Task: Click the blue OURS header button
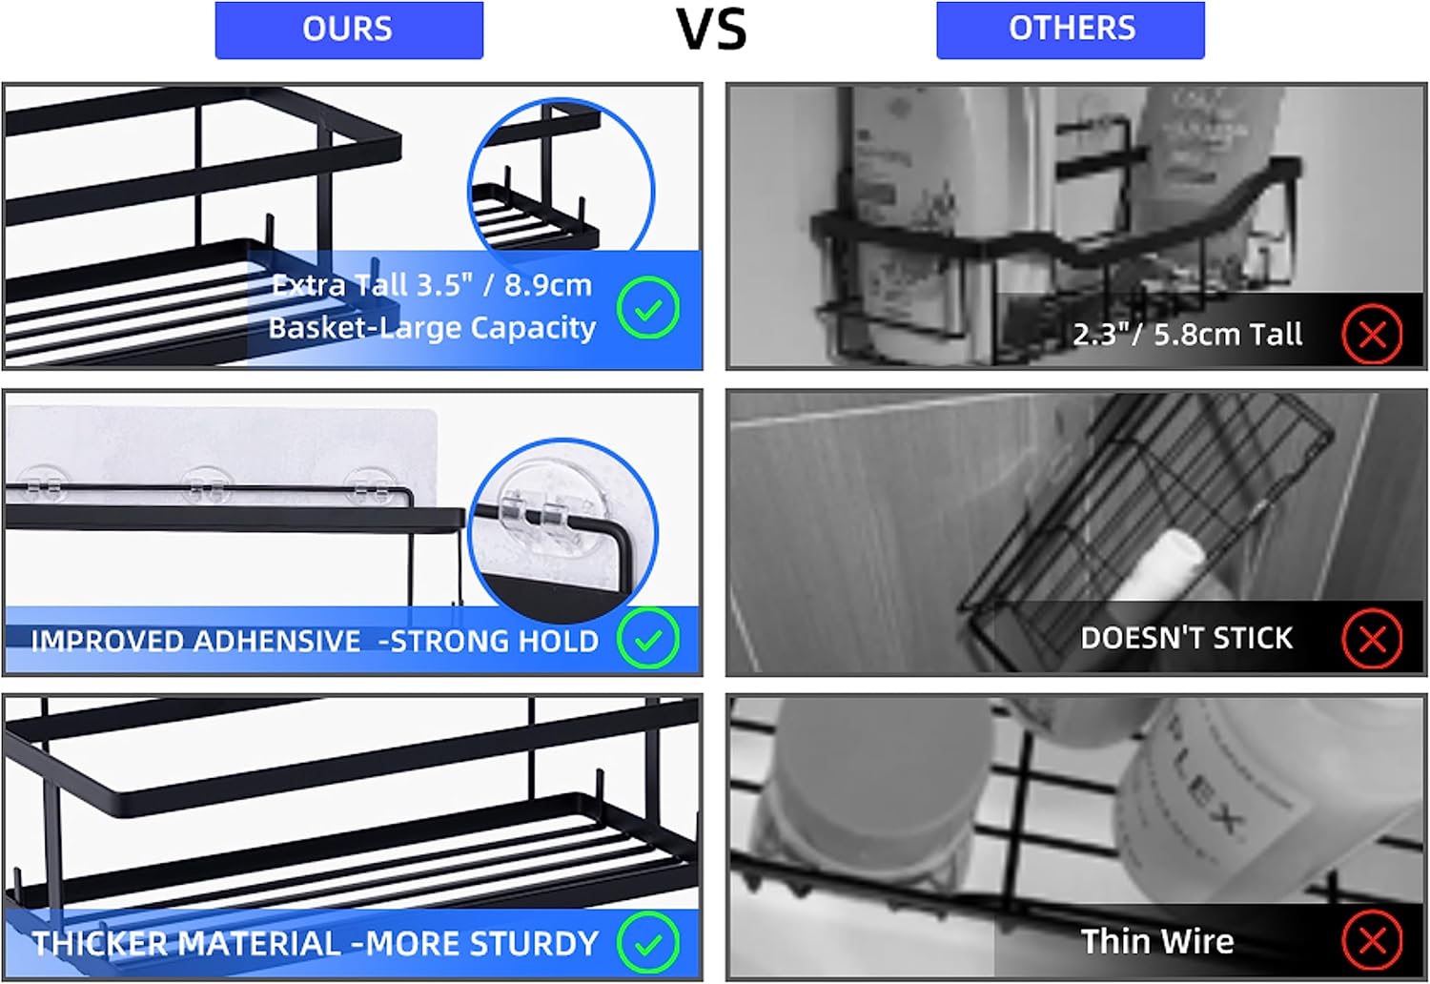(349, 30)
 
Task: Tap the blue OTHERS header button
(1071, 30)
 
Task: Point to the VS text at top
(711, 29)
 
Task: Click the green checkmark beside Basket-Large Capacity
(648, 309)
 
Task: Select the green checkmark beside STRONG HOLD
(648, 639)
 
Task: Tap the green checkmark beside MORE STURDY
(648, 943)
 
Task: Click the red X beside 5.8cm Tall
(1372, 334)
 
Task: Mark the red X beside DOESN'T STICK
(1372, 638)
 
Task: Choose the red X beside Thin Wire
(1372, 941)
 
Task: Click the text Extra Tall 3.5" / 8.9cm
(431, 285)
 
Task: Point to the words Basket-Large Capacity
(431, 328)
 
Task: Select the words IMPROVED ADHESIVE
(195, 641)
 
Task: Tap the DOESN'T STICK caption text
(1186, 638)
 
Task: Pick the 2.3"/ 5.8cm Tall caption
(1187, 335)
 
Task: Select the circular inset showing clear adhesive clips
(562, 527)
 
